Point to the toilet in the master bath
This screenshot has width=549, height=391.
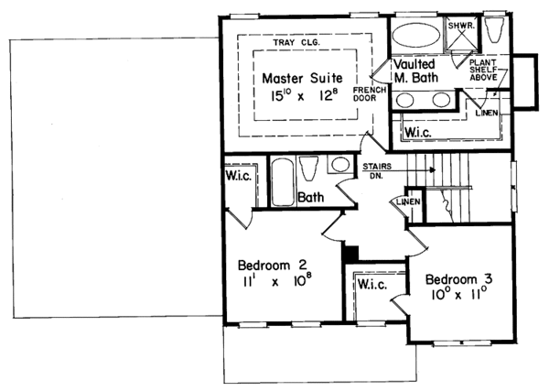pyautogui.click(x=497, y=31)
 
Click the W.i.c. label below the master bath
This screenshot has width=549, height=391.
pyautogui.click(x=420, y=131)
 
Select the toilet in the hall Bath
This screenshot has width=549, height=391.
pyautogui.click(x=309, y=171)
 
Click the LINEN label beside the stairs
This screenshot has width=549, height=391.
pyautogui.click(x=408, y=201)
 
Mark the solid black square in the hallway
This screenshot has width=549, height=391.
pyautogui.click(x=350, y=252)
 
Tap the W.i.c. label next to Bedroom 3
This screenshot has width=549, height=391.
pyautogui.click(x=374, y=285)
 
